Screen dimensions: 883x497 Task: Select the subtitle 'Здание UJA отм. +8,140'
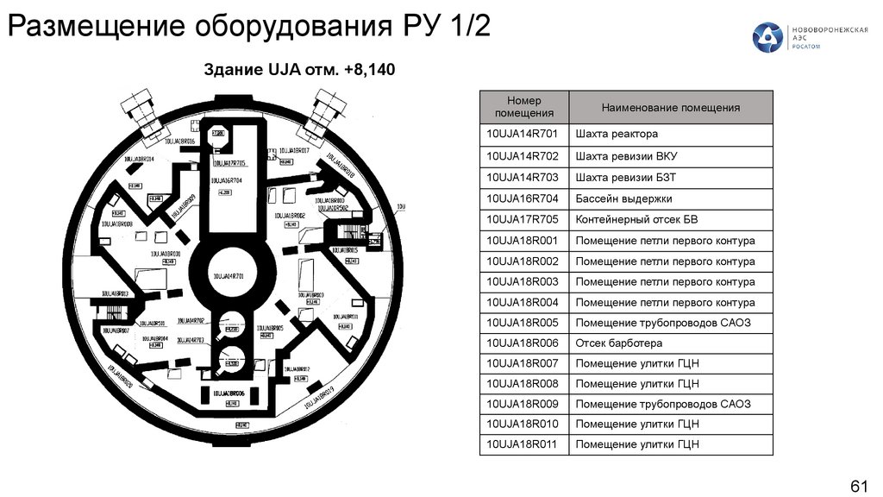click(x=298, y=70)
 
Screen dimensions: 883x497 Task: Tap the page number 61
click(x=859, y=485)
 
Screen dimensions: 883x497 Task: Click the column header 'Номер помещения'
click(x=523, y=107)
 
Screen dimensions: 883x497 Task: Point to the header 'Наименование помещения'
click(x=671, y=108)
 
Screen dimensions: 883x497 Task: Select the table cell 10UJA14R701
click(x=523, y=135)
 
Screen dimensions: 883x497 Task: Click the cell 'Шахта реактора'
click(x=617, y=135)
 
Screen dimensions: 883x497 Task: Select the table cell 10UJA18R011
click(x=523, y=445)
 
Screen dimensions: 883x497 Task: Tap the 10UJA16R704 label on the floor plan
click(x=226, y=179)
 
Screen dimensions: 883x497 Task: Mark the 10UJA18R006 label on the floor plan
click(x=229, y=393)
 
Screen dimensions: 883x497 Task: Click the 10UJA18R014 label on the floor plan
click(x=140, y=160)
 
